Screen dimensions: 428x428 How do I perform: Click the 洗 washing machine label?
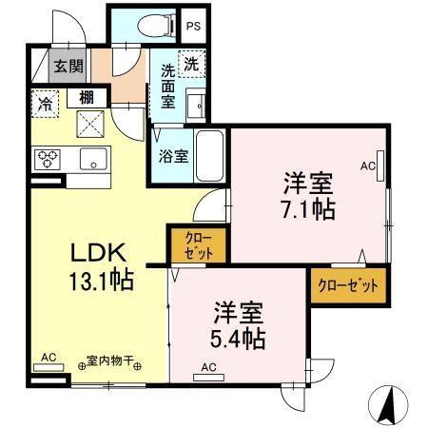pyautogui.click(x=191, y=66)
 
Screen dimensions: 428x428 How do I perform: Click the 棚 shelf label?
pyautogui.click(x=86, y=96)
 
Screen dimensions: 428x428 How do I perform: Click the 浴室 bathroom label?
pyautogui.click(x=172, y=156)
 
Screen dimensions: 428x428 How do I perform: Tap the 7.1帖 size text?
pyautogui.click(x=307, y=209)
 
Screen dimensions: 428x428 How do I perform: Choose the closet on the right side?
pyautogui.click(x=347, y=284)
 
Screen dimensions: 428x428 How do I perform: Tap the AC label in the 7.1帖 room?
pyautogui.click(x=368, y=165)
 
